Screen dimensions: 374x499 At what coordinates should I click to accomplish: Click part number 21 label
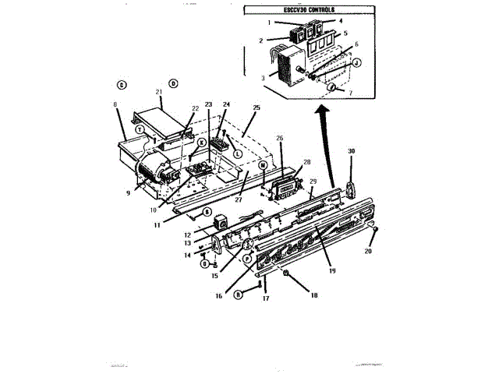159,93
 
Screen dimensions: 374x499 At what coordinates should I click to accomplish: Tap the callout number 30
352,151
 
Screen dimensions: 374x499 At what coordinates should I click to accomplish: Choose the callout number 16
219,295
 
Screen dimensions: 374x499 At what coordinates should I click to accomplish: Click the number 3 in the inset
263,78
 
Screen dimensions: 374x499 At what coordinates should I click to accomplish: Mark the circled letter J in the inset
356,63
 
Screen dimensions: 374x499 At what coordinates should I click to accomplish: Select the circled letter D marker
173,83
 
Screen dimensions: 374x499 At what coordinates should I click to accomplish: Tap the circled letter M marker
263,166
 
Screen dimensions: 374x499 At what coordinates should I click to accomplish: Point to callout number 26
279,139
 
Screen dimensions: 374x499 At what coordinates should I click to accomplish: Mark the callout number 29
312,181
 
